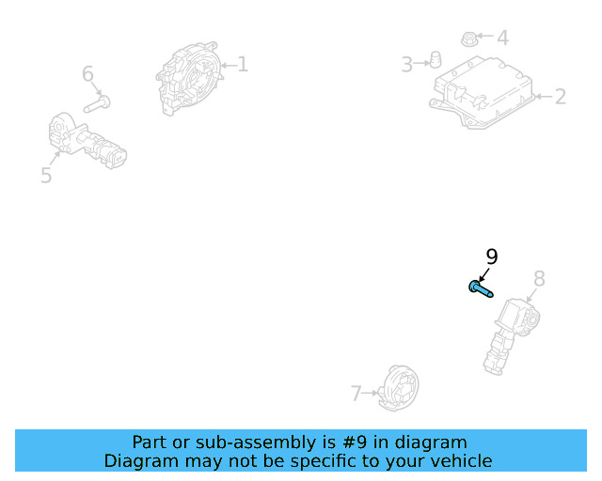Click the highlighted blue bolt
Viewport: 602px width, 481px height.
(481, 289)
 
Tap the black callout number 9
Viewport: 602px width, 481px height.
(492, 256)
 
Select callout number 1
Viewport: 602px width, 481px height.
(243, 64)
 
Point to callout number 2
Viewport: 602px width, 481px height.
(561, 97)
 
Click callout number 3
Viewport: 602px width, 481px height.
(406, 64)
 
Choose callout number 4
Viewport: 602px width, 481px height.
(503, 38)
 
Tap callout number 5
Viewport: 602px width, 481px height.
(46, 175)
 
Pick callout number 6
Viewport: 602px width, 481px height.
(87, 73)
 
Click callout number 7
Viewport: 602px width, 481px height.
(356, 394)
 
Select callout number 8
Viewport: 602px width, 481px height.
(539, 278)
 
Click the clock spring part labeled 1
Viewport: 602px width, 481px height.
(189, 78)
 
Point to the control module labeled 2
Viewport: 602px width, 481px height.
(483, 92)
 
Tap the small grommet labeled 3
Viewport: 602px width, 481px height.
(435, 60)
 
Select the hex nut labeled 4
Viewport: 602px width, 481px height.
(468, 39)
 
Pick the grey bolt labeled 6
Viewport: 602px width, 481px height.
(97, 104)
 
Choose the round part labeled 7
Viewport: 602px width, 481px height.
(398, 388)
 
